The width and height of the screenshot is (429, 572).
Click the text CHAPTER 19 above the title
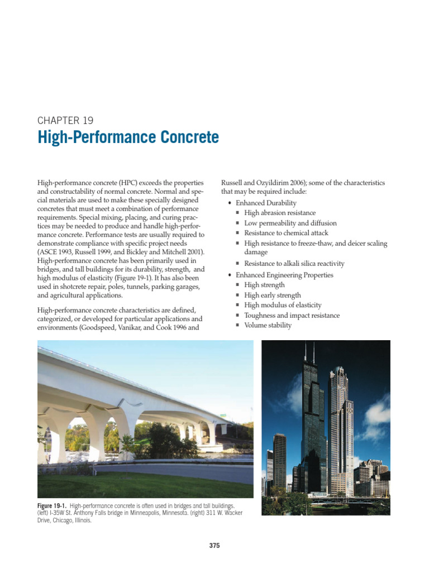(65, 120)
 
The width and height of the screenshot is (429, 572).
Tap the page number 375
(214, 546)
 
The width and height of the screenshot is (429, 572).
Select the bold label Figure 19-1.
(53, 506)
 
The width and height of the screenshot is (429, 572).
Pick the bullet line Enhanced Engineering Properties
(284, 275)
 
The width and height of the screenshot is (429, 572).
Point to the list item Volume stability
(268, 325)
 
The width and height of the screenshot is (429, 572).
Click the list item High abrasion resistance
(280, 213)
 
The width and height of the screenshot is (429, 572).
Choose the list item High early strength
(273, 295)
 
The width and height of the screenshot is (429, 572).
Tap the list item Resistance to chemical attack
(286, 233)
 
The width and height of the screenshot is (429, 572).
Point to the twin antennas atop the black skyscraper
(310, 353)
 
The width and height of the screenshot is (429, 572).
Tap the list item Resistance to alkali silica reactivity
(294, 264)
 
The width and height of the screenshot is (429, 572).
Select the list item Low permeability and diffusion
(290, 223)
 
